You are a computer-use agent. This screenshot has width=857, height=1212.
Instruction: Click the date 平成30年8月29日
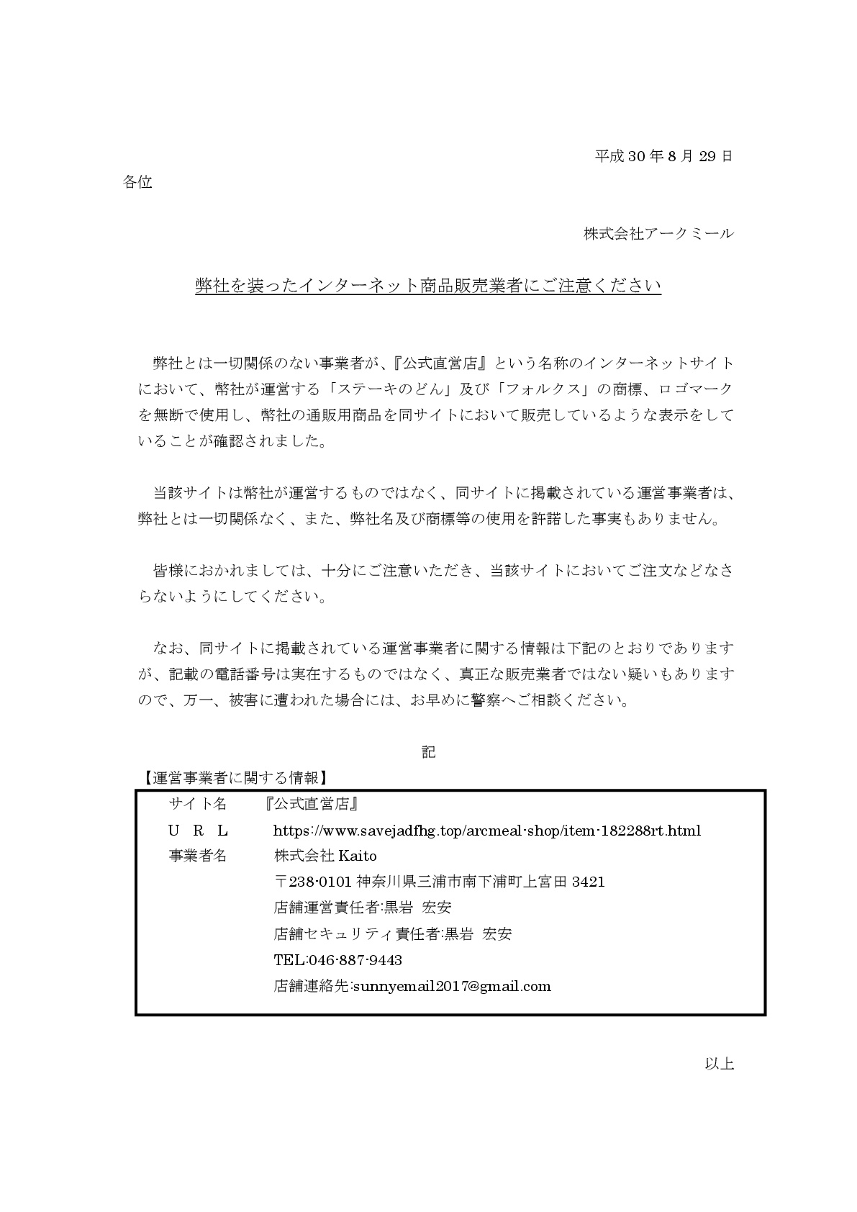tap(663, 155)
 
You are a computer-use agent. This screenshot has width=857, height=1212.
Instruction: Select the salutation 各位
tap(137, 182)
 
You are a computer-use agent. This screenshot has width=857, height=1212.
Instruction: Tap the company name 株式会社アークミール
tap(658, 233)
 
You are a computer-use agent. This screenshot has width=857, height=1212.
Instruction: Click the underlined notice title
tap(428, 286)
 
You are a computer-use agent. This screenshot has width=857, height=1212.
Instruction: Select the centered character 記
tap(428, 752)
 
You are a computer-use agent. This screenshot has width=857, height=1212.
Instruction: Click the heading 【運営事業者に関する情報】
tap(233, 777)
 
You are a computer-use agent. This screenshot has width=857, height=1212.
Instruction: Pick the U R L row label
tap(198, 830)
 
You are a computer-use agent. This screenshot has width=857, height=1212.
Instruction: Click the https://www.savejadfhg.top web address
tap(487, 830)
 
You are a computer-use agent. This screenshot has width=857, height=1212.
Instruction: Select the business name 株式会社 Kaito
tap(325, 856)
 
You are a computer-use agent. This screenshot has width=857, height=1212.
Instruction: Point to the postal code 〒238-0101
tap(313, 882)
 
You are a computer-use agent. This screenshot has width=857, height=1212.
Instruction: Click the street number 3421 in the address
tap(588, 882)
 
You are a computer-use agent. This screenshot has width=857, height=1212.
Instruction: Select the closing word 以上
tap(719, 1063)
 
